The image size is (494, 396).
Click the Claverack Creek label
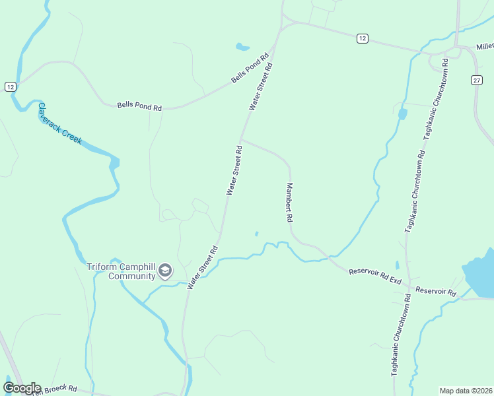point(59,123)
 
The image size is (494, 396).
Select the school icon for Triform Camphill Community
point(164,271)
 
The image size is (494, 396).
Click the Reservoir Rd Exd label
point(375,276)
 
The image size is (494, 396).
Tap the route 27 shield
point(477,80)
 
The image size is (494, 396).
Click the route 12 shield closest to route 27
point(361,39)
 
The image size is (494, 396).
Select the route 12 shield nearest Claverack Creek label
point(9,86)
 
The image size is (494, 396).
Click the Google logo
point(22,388)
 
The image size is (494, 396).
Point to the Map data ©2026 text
point(465,391)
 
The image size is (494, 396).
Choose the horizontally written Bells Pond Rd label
point(139,106)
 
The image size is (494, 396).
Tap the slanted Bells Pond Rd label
point(252,68)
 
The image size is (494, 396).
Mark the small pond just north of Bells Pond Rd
point(242,48)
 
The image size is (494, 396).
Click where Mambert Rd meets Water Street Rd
point(241,139)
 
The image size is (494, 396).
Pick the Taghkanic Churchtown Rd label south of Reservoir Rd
point(402,335)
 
